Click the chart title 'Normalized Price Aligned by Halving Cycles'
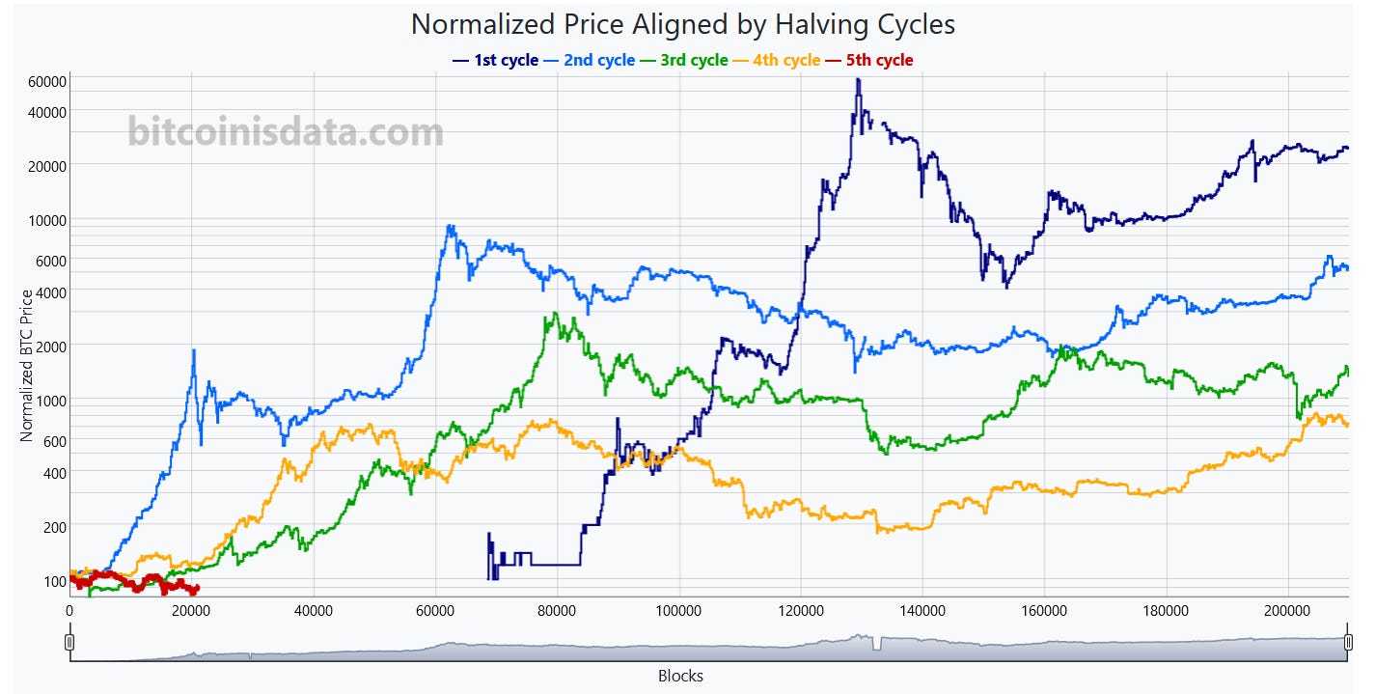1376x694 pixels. [682, 23]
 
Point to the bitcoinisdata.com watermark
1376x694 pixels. [286, 132]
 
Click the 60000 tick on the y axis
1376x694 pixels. [46, 82]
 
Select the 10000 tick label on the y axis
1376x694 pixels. [46, 220]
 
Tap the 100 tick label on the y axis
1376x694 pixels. [53, 581]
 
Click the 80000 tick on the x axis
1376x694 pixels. [557, 611]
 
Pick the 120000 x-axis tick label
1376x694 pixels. [800, 611]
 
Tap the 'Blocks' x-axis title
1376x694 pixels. [680, 676]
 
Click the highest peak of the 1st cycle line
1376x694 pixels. [858, 79]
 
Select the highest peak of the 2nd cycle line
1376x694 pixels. [449, 226]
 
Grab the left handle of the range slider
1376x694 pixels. [69, 643]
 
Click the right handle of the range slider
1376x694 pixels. [1347, 643]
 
